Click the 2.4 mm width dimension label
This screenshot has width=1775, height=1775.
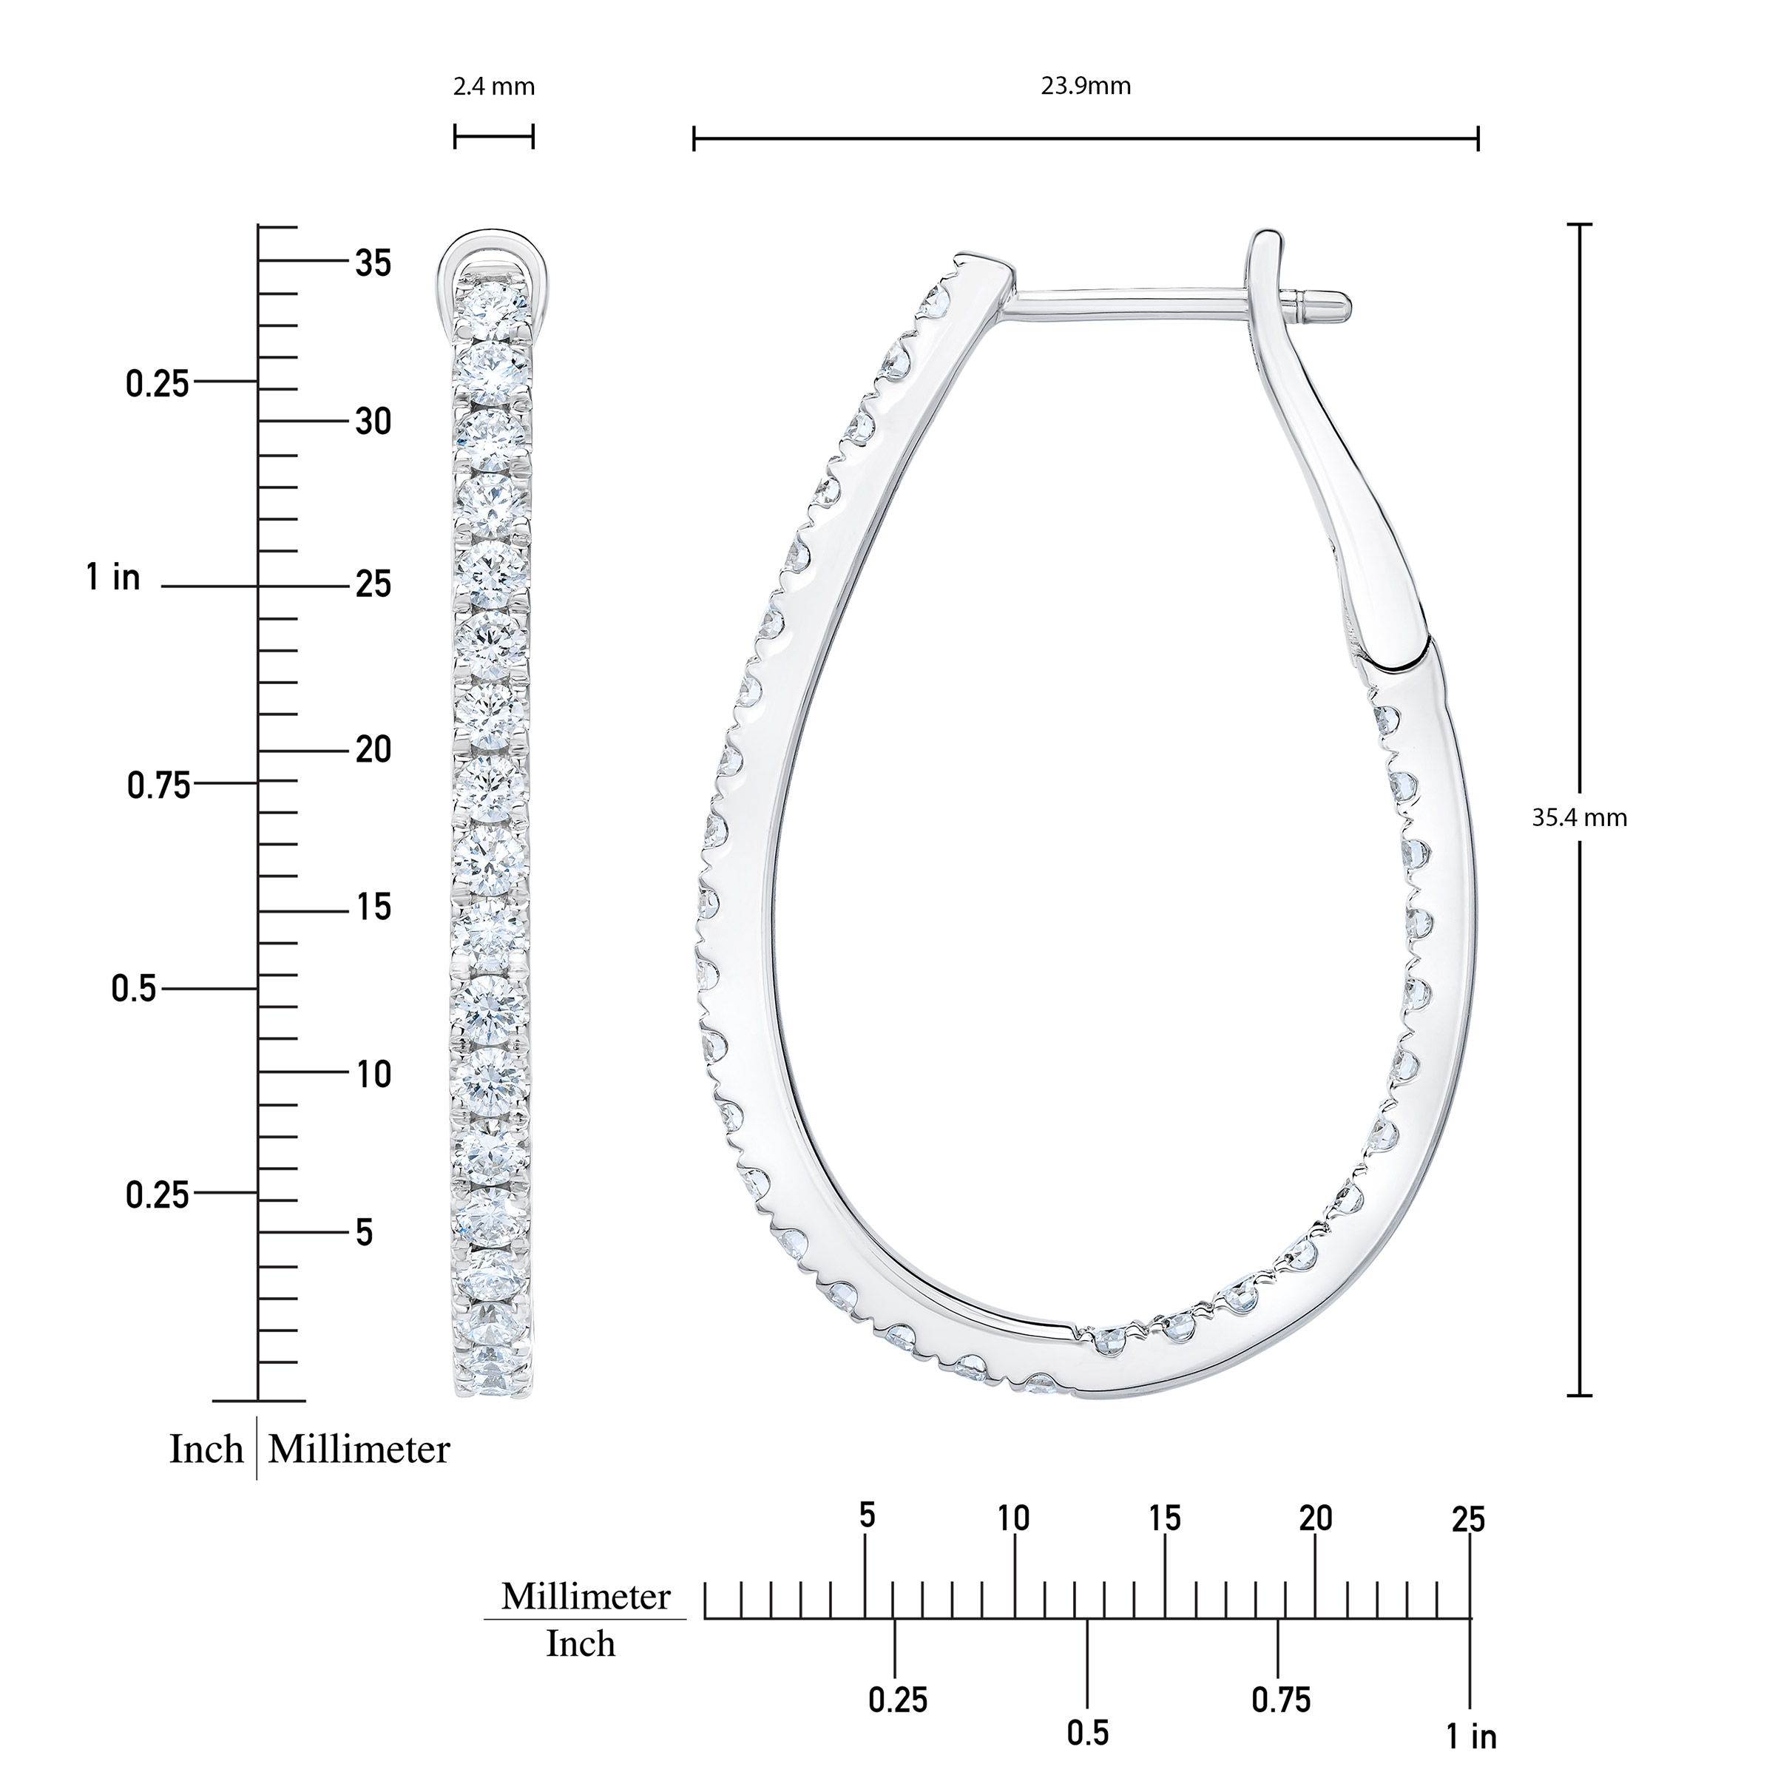pyautogui.click(x=493, y=87)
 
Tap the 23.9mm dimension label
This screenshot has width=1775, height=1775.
pyautogui.click(x=1085, y=87)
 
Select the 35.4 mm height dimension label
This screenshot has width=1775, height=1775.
pyautogui.click(x=1579, y=818)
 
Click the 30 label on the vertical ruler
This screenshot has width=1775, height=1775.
pyautogui.click(x=373, y=422)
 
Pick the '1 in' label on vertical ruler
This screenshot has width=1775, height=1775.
pyautogui.click(x=114, y=578)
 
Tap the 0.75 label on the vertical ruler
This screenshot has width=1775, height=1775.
pyautogui.click(x=159, y=785)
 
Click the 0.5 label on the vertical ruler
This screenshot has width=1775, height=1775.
pyautogui.click(x=134, y=990)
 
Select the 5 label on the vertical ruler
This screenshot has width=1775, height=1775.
pyautogui.click(x=365, y=1234)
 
